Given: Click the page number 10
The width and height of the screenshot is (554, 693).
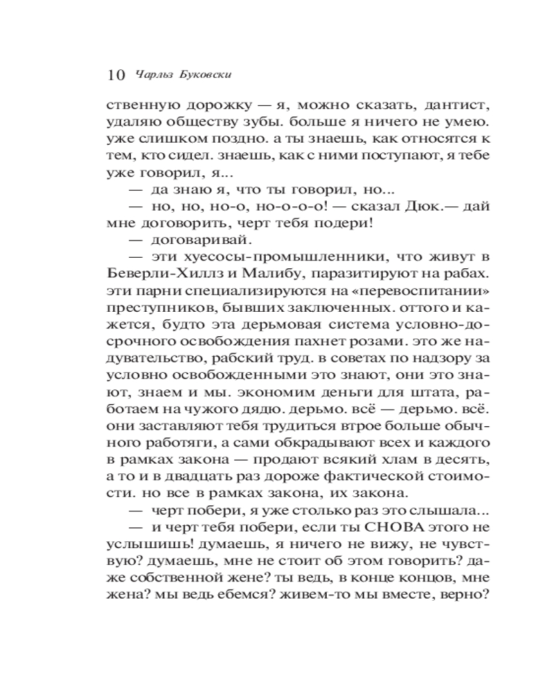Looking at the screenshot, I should pos(116,75).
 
